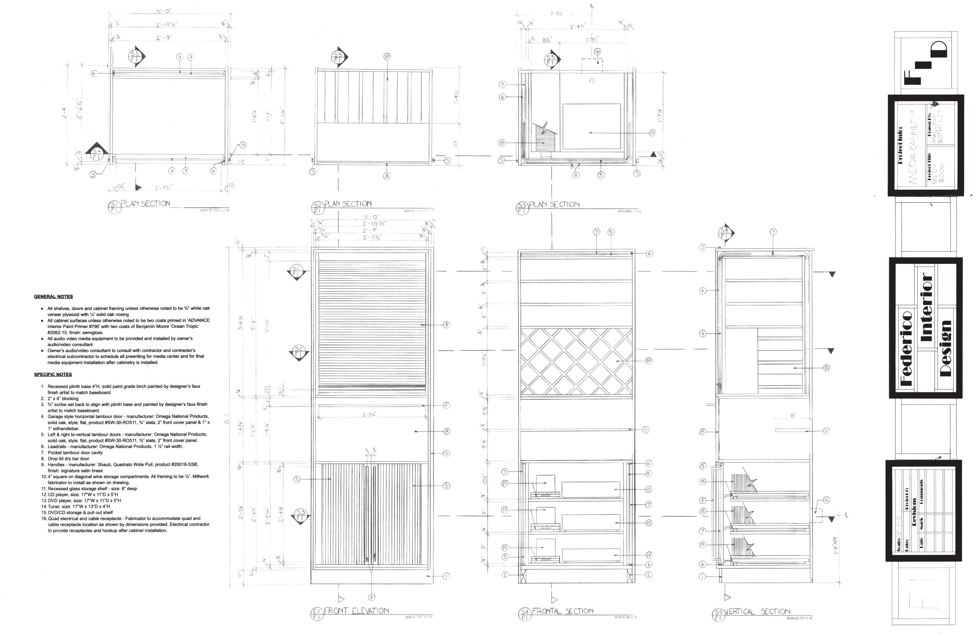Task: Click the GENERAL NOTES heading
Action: pos(53,297)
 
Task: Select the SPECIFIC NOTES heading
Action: pos(53,374)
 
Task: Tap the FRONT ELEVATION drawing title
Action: pos(356,611)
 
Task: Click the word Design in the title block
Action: pos(945,349)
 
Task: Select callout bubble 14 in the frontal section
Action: pos(649,555)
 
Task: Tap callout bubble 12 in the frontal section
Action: pos(649,489)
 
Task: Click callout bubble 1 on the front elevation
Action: pos(446,576)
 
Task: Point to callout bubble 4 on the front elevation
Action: pos(446,325)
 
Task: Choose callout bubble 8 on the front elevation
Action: pos(447,431)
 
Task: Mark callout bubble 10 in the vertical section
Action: pos(826,368)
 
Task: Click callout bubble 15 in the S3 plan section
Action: pos(502,143)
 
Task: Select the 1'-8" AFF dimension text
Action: pos(836,545)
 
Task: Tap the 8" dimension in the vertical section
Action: pos(793,416)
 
